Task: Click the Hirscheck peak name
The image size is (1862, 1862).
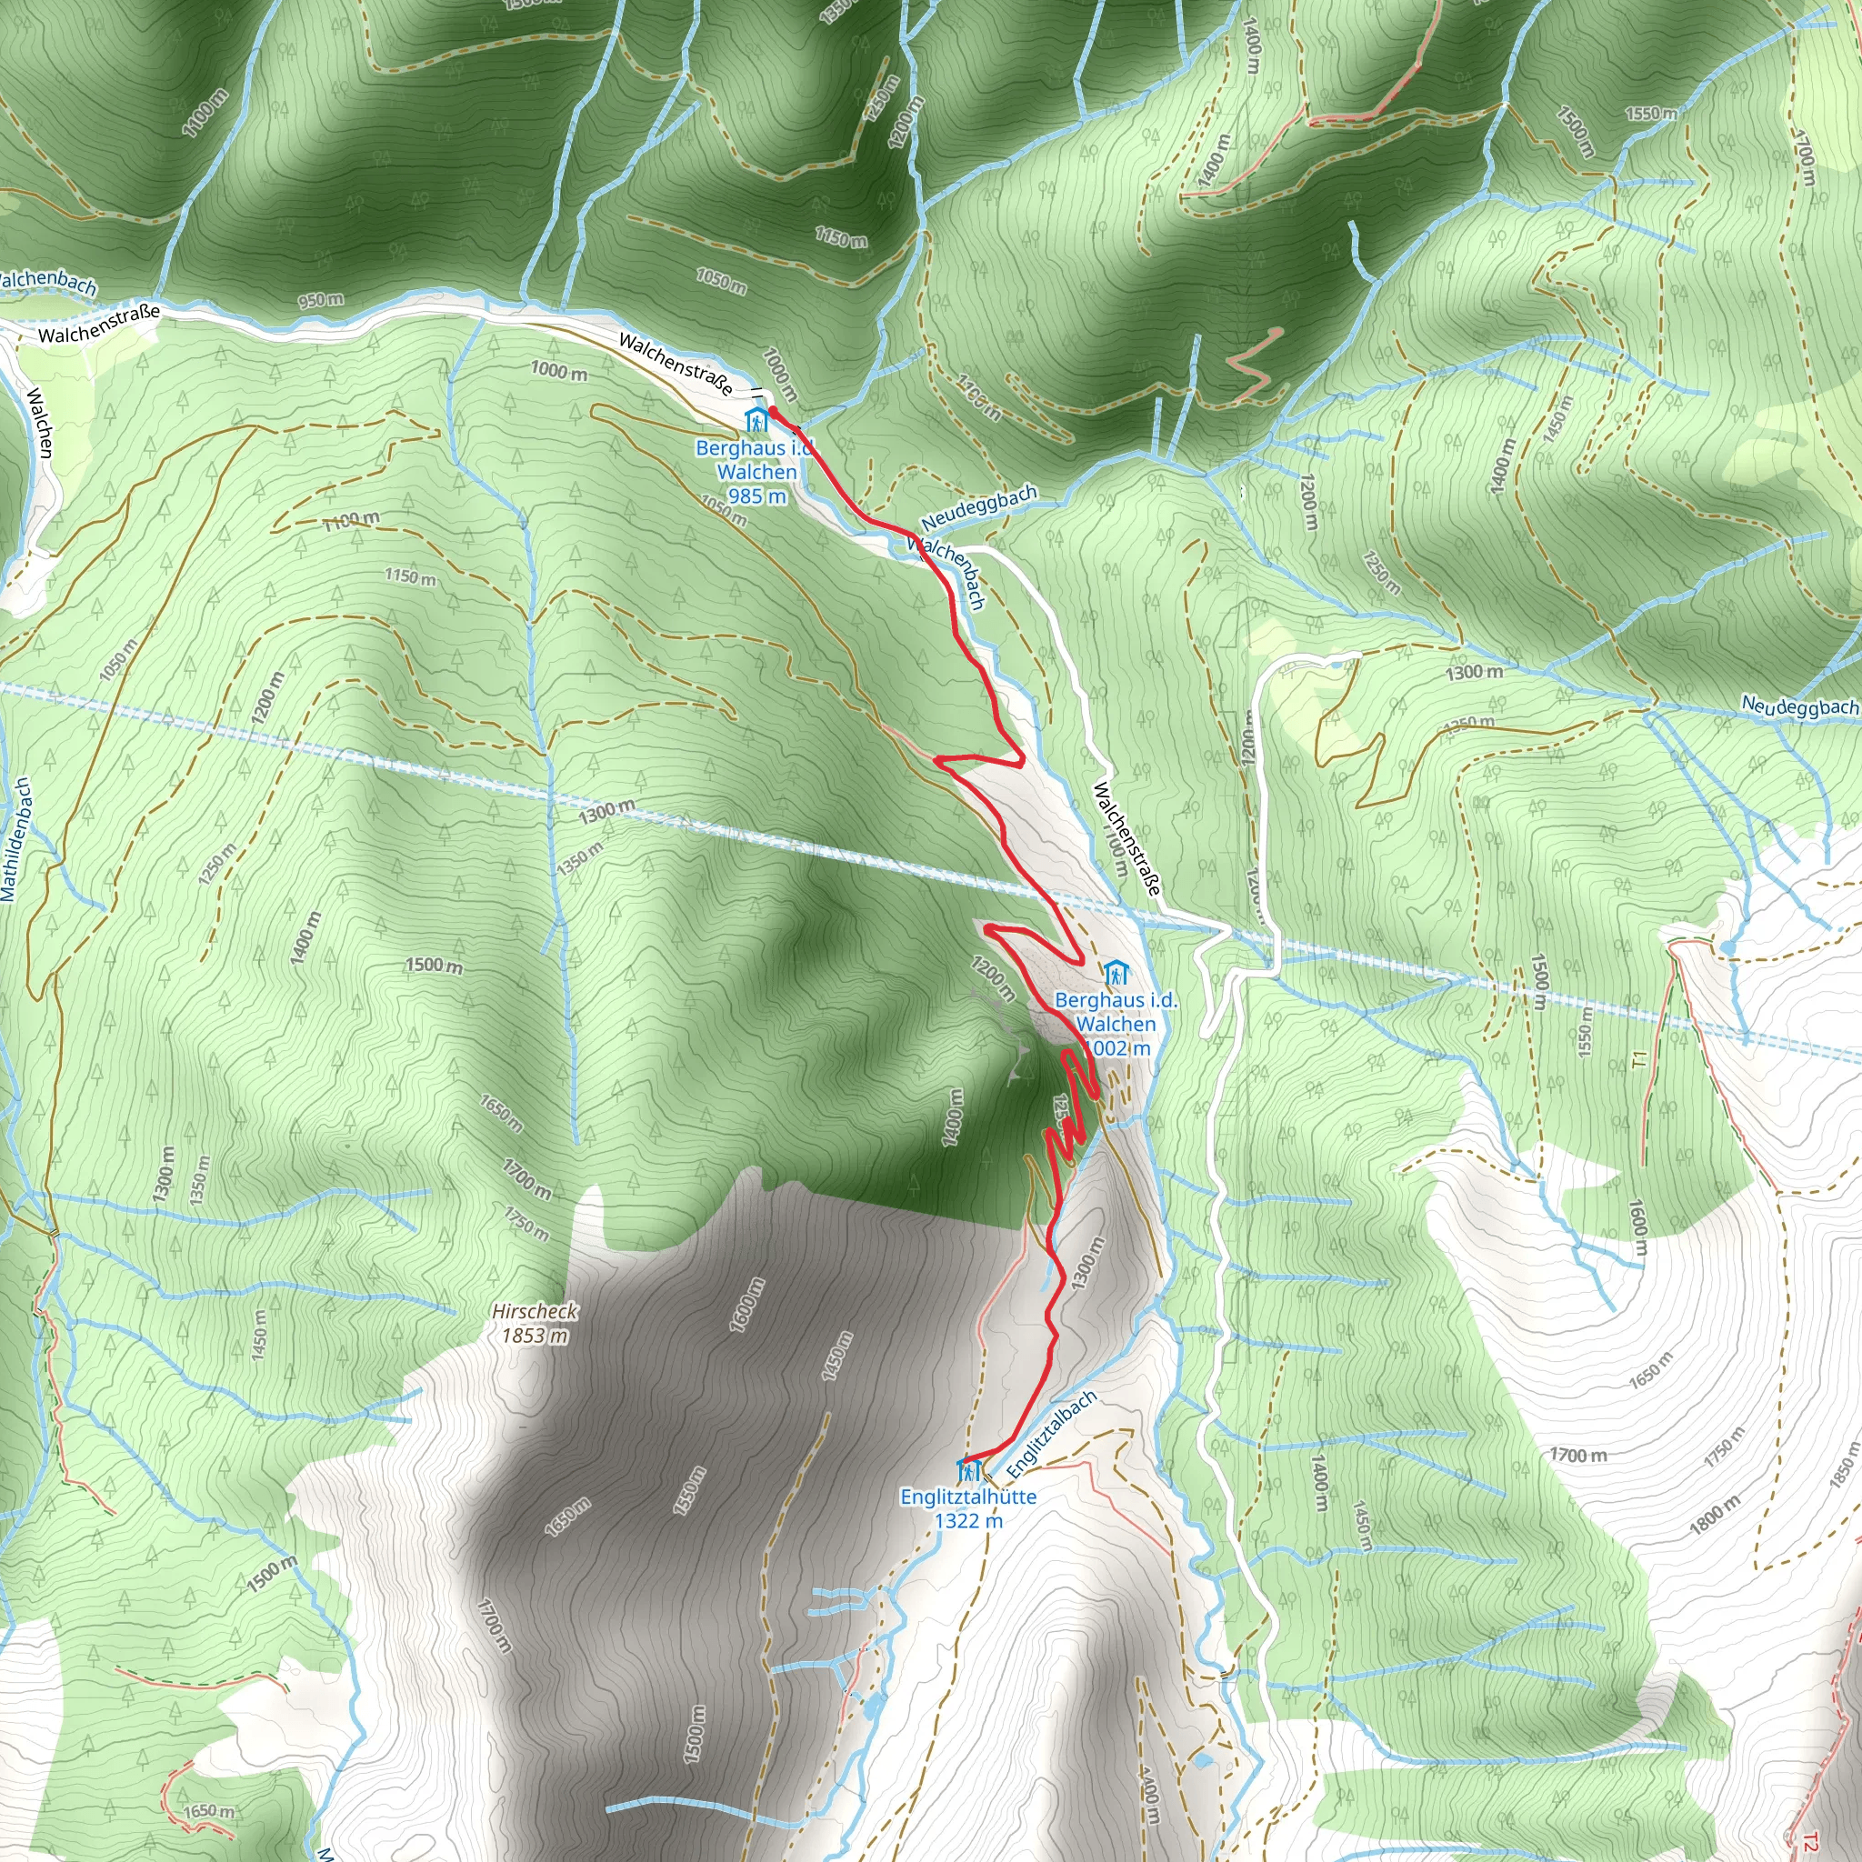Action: point(534,1311)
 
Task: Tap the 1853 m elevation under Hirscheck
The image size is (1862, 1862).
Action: point(534,1336)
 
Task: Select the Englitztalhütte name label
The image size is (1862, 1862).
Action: point(967,1497)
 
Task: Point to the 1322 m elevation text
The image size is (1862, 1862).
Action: point(967,1521)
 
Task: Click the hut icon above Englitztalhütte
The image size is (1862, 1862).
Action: point(968,1472)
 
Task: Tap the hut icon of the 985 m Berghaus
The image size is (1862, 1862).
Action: point(756,420)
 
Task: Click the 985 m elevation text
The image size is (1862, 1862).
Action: point(756,496)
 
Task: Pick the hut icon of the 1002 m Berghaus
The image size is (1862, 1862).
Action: point(1116,973)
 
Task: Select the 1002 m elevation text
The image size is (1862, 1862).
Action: point(1118,1047)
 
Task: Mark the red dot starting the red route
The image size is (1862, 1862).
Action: point(773,412)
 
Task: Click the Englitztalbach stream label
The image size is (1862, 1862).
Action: point(1052,1435)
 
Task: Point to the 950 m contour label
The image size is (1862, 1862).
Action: point(320,301)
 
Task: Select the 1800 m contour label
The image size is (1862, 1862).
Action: point(1715,1514)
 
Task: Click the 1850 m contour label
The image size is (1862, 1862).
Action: point(1841,1464)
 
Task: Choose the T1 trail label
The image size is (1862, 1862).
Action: point(1640,1060)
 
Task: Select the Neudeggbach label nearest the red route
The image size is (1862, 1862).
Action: point(978,507)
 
